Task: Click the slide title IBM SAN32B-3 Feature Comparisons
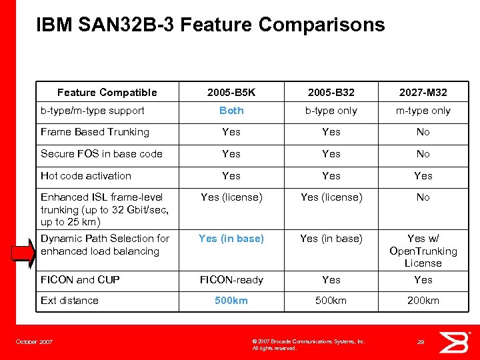[x=211, y=25]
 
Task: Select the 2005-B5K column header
[x=231, y=93]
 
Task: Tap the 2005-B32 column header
[x=331, y=93]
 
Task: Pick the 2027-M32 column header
[x=423, y=93]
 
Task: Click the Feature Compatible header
[x=107, y=93]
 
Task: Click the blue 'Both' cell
[x=231, y=111]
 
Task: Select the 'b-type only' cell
[x=331, y=111]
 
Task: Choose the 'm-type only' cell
[x=423, y=111]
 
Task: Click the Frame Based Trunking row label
[x=95, y=132]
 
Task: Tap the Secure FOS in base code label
[x=101, y=154]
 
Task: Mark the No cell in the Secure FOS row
[x=423, y=154]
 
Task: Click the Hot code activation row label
[x=86, y=176]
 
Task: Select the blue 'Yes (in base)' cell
[x=231, y=239]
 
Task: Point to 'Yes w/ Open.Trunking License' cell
[x=423, y=251]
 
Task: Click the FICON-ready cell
[x=231, y=280]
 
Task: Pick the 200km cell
[x=423, y=301]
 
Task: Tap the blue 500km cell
[x=231, y=301]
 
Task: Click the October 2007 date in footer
[x=35, y=342]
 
